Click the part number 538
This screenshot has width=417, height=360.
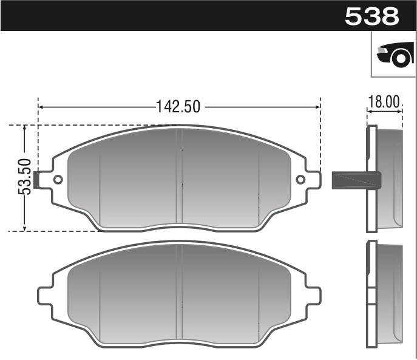(x=371, y=16)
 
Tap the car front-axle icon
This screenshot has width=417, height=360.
(x=394, y=55)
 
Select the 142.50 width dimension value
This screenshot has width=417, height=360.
(x=178, y=106)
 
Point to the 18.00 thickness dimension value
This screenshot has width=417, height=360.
(x=385, y=101)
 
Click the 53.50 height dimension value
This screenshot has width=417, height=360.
(x=25, y=177)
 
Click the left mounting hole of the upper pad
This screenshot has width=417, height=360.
(x=58, y=180)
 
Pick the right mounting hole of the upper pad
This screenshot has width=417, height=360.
(x=300, y=180)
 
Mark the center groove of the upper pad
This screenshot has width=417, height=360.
(x=179, y=176)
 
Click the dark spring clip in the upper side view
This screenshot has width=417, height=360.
(x=356, y=180)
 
